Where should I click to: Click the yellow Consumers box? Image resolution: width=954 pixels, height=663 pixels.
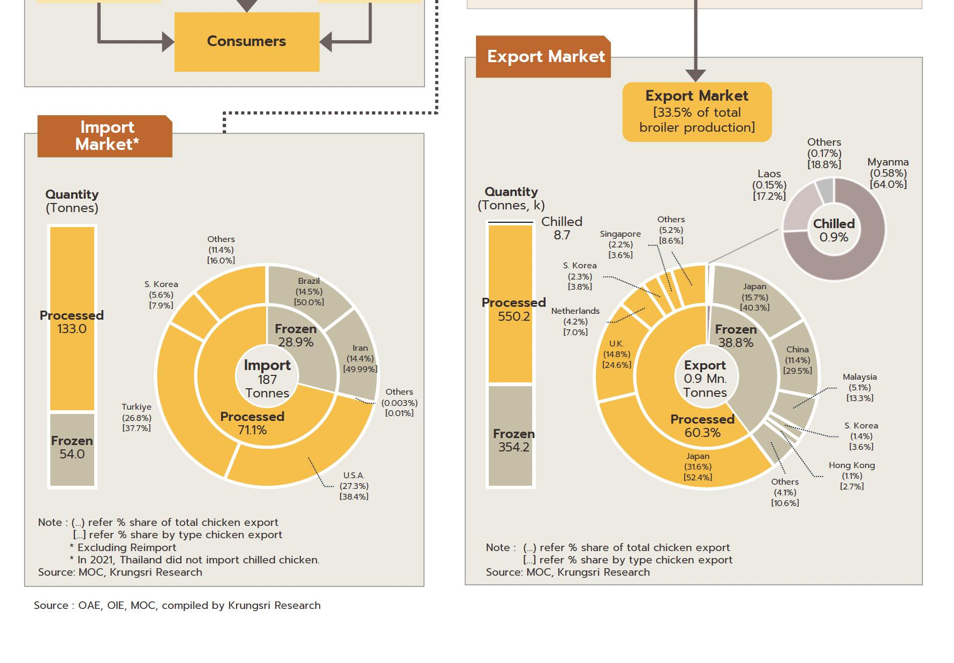pos(247,42)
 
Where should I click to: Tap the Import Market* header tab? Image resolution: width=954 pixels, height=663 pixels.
pos(105,135)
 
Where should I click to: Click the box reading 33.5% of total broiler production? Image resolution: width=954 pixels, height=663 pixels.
pos(696,112)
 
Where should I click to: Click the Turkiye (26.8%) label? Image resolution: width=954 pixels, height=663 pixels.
pos(137,417)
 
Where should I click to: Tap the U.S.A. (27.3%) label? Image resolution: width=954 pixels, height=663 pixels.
pos(354,486)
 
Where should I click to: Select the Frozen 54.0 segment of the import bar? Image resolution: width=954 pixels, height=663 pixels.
pos(72,448)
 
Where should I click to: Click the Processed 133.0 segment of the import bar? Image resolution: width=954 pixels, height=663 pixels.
pos(72,321)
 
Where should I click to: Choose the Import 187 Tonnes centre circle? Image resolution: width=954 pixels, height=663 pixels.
pos(267,379)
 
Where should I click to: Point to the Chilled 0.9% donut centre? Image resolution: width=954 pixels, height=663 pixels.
pos(834,230)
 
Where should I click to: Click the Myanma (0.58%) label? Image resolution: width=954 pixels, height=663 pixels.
pos(888,173)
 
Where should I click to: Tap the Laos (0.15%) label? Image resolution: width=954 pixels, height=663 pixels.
pos(769,185)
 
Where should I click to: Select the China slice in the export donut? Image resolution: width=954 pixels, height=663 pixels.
pos(797,360)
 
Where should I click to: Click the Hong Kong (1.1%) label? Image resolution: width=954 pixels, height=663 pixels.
pos(852,476)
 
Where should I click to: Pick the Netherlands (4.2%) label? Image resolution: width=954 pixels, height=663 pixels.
pos(576,321)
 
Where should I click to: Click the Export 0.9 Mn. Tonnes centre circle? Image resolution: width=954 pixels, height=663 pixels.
pos(705,379)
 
